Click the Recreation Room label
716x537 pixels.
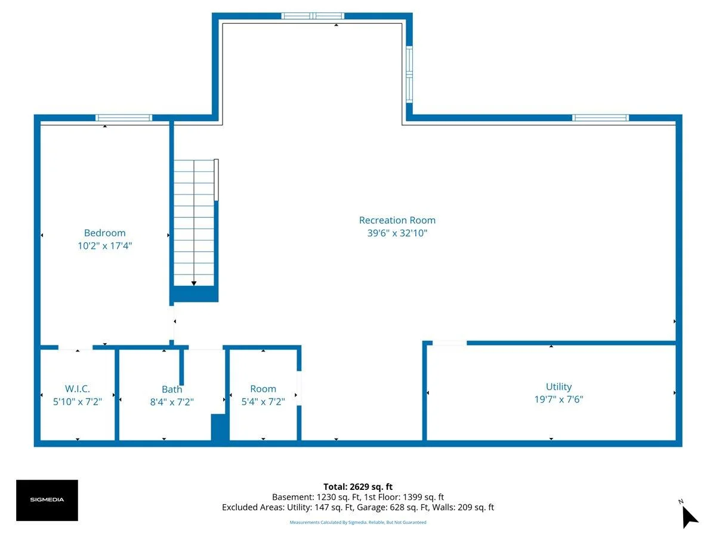tap(397, 220)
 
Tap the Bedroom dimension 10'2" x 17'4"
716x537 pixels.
tap(104, 246)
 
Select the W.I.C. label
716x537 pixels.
tap(78, 388)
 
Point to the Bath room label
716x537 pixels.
tap(172, 389)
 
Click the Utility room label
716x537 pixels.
tap(558, 387)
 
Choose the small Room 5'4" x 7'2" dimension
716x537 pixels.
tap(263, 402)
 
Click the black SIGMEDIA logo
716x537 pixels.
tap(47, 500)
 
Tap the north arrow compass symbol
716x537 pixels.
tap(689, 516)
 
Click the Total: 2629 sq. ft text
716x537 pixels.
tap(358, 487)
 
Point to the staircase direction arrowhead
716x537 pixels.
tap(194, 283)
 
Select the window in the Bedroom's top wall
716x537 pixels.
tap(124, 118)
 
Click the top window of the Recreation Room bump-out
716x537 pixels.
tap(313, 16)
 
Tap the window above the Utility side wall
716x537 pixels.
tap(600, 118)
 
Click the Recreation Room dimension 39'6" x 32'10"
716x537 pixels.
tap(397, 233)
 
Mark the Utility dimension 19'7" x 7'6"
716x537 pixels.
tap(558, 399)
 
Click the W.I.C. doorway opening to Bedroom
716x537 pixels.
tap(75, 348)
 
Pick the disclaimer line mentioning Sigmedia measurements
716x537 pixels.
tap(358, 522)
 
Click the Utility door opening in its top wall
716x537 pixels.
tap(449, 343)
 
